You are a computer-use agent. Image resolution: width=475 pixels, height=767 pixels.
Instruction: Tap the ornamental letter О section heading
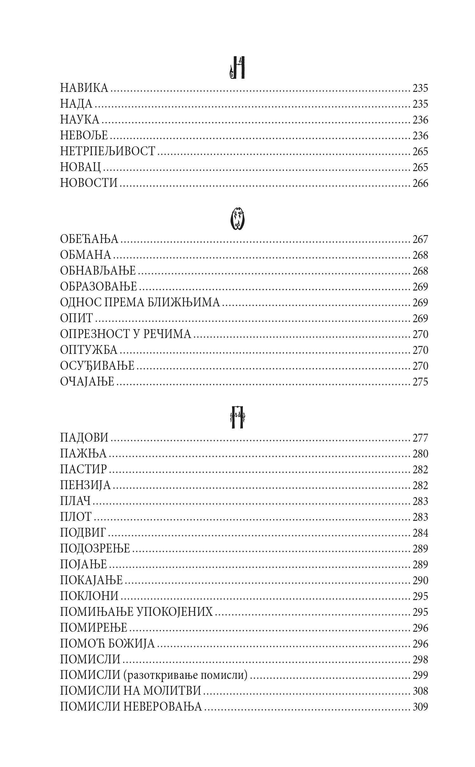click(237, 219)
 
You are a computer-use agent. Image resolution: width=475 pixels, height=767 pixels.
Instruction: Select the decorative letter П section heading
click(237, 417)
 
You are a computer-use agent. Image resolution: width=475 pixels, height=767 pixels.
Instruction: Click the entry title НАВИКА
click(84, 88)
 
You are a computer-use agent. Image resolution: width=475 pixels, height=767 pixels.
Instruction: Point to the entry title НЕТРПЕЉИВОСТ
click(108, 151)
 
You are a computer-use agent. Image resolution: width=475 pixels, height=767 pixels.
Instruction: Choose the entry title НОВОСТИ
click(89, 183)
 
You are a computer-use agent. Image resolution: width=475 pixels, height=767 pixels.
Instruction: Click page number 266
click(420, 183)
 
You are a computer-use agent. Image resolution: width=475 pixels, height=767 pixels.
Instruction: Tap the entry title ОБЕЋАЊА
click(89, 239)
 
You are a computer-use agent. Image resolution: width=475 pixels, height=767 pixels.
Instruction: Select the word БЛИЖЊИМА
click(184, 303)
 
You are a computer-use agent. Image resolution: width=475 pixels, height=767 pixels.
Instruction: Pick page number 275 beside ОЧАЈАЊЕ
click(420, 381)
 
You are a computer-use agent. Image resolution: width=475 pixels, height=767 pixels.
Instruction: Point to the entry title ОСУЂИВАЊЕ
click(97, 366)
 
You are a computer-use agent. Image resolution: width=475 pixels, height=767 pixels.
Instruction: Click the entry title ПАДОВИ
click(84, 438)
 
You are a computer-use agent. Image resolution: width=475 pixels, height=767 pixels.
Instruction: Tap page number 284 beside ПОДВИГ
click(420, 533)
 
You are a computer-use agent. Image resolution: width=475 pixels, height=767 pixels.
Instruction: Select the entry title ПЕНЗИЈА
click(85, 485)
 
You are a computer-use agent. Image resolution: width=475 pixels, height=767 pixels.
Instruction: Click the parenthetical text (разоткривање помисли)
click(186, 675)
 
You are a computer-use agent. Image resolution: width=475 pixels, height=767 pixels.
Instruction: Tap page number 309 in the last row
click(420, 706)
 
